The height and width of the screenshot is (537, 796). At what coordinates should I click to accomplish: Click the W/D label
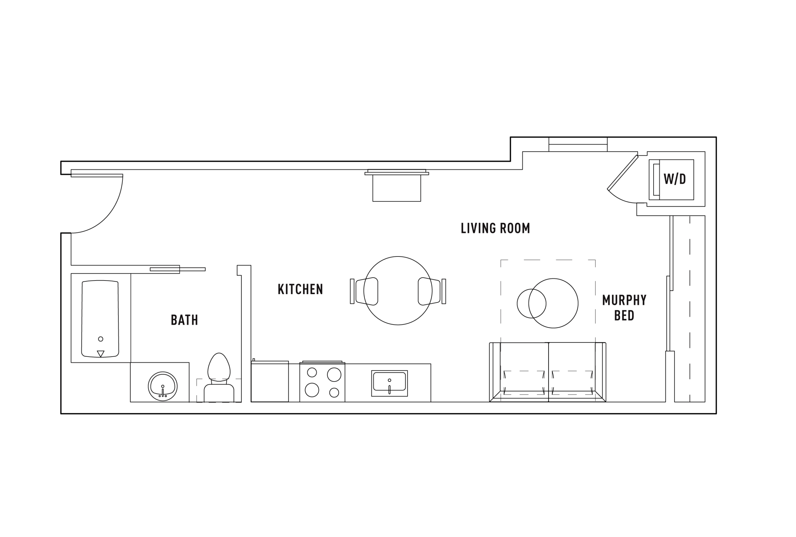click(674, 179)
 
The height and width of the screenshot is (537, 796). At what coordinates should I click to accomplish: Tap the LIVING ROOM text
click(495, 229)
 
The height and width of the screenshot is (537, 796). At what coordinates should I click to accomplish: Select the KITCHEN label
click(300, 289)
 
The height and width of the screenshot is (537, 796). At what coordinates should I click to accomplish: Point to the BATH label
click(184, 320)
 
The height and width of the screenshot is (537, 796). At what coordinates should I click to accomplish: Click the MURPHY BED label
click(624, 308)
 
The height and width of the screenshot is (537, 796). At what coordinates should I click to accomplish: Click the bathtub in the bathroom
click(100, 319)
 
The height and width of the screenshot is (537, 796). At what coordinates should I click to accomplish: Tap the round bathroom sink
click(163, 386)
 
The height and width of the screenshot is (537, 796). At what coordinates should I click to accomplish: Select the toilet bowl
click(219, 367)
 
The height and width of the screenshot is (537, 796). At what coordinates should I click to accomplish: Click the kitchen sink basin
click(389, 382)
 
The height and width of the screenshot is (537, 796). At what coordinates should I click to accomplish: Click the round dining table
click(398, 290)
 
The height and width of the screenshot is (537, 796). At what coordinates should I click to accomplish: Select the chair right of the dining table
click(432, 291)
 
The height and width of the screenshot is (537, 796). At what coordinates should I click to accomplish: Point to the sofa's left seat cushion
click(524, 367)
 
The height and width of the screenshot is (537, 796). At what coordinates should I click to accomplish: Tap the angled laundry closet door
click(623, 173)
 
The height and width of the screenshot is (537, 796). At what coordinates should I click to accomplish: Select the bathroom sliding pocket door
click(178, 269)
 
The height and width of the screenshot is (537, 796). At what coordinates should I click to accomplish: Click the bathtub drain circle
click(101, 339)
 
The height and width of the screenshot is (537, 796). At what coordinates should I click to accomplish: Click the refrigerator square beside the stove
click(270, 381)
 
